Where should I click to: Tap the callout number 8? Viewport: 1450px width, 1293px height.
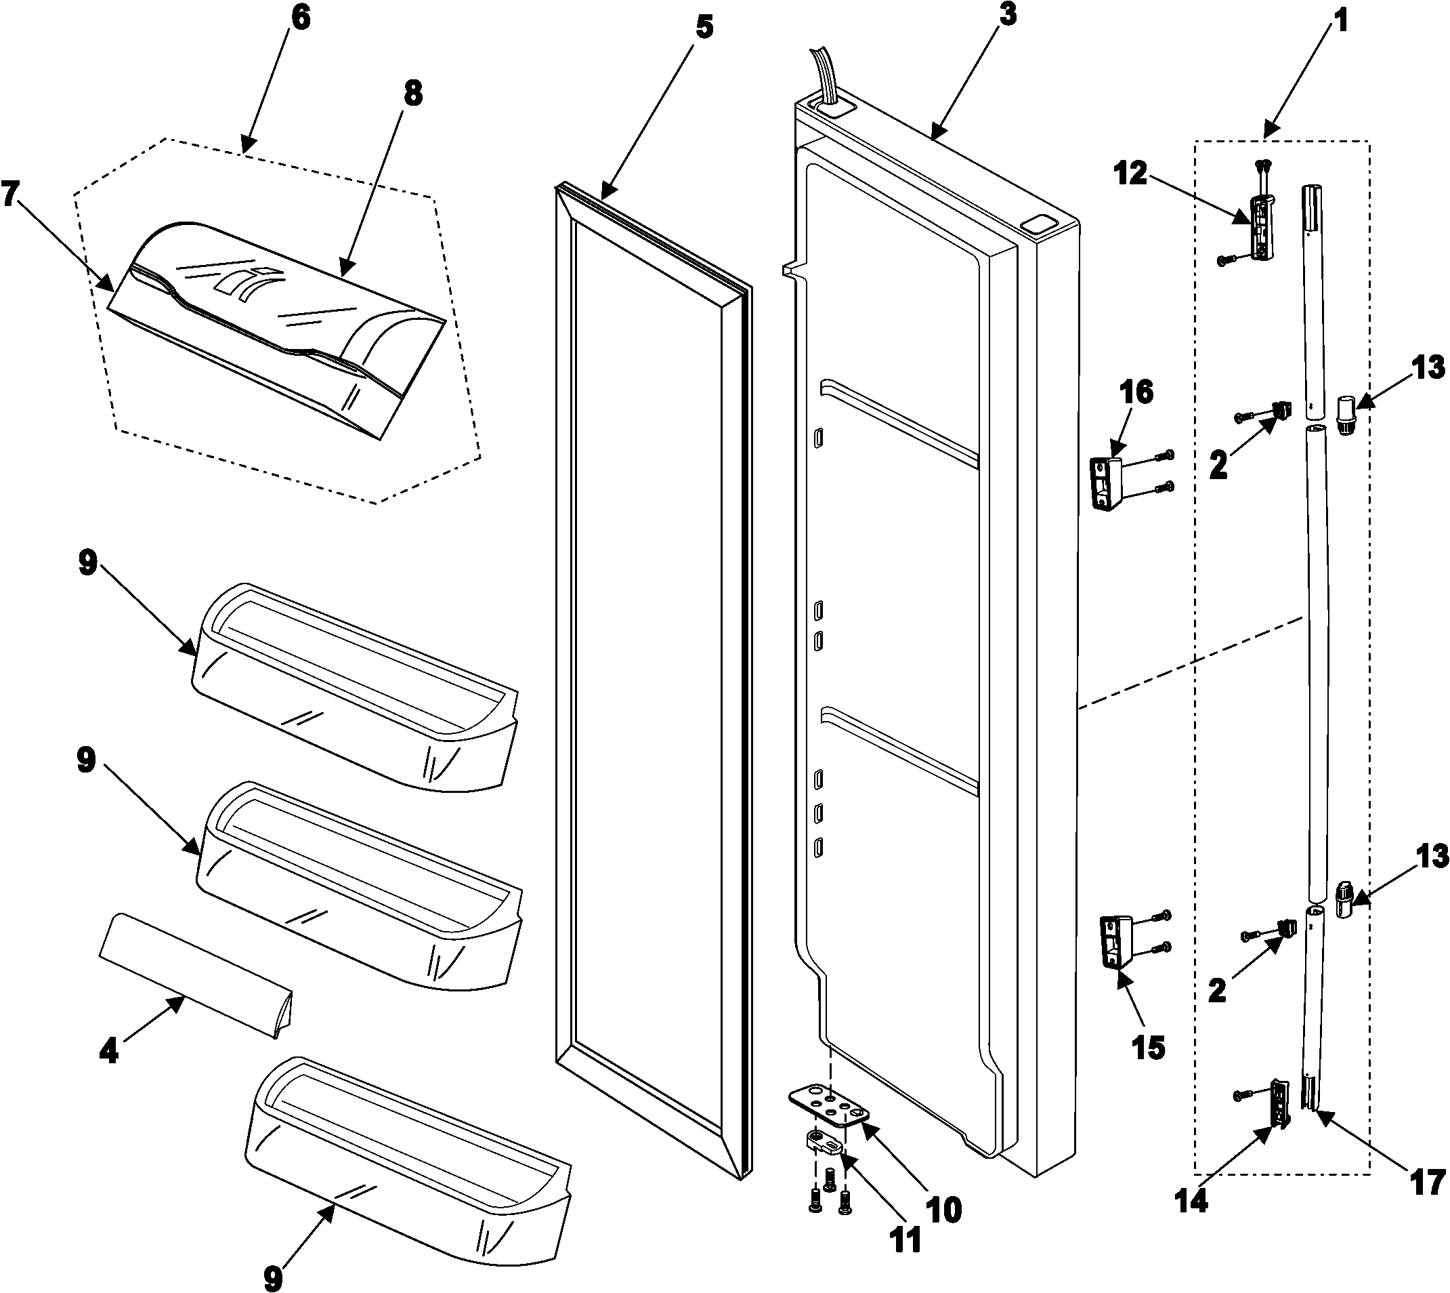pos(412,93)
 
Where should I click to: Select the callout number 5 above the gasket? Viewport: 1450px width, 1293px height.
pos(704,28)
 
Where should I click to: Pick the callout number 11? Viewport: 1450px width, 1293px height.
pos(905,1239)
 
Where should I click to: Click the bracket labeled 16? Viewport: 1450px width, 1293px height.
pos(1107,481)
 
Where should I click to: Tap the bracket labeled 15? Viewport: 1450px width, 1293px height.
pos(1115,941)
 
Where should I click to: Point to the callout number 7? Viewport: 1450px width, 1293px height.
pos(9,192)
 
